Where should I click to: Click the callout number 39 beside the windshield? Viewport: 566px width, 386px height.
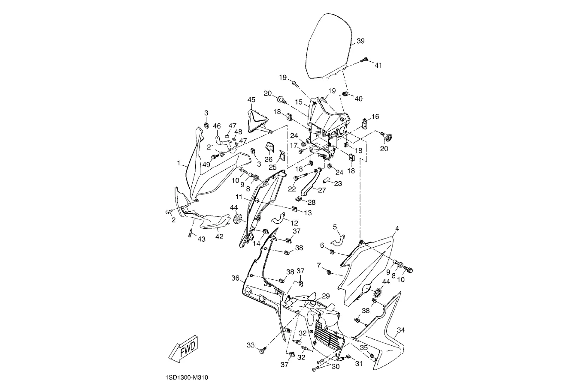coord(360,41)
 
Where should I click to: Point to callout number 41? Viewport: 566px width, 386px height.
coord(378,66)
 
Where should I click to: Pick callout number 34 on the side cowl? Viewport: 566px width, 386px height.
coord(401,330)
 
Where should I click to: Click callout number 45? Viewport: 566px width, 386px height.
coord(251,100)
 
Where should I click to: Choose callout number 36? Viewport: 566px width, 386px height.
coord(235,278)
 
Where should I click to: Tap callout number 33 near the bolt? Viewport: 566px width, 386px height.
coord(251,345)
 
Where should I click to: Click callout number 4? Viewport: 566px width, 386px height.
coord(397,229)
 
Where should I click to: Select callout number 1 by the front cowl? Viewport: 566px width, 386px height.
coord(179,163)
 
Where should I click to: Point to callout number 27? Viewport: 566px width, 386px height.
coord(322,190)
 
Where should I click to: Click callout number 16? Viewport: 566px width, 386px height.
coord(375,117)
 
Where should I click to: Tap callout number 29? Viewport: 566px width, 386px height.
coord(326,296)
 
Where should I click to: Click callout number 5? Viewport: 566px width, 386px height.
coord(335,227)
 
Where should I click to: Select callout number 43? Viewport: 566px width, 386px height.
coord(201,239)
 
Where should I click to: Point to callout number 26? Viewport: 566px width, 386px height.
coord(269,159)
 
